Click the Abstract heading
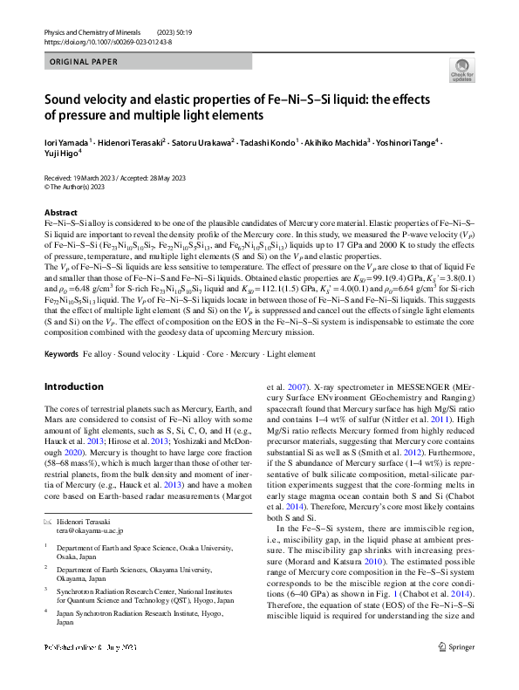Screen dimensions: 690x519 [59, 213]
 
